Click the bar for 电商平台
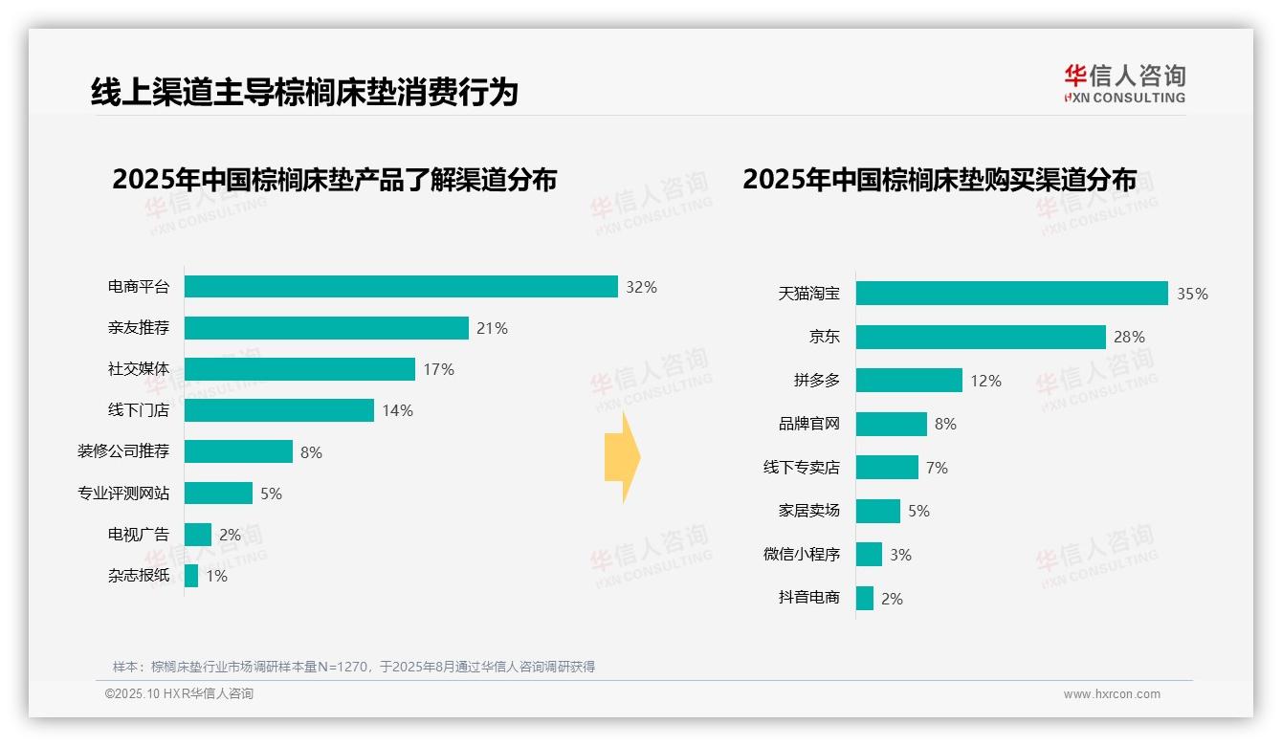click(x=401, y=287)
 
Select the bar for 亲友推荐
click(x=326, y=328)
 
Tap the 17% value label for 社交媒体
click(x=439, y=369)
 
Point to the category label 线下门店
click(x=139, y=410)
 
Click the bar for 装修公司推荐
click(x=238, y=451)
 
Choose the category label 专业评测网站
click(x=123, y=494)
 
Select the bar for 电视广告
click(x=198, y=535)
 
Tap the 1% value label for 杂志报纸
click(x=216, y=576)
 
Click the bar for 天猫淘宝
click(x=1011, y=294)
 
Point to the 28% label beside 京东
click(x=1129, y=337)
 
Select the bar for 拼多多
click(x=909, y=381)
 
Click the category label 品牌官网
click(x=809, y=424)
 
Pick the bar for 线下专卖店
click(x=887, y=468)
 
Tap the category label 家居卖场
click(x=809, y=511)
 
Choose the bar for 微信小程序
click(x=869, y=555)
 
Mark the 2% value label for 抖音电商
click(x=892, y=599)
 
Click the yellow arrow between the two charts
click(x=622, y=458)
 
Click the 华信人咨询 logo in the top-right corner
click(x=1124, y=84)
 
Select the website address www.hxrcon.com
click(x=1112, y=694)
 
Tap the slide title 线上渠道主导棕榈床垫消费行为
click(x=304, y=93)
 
